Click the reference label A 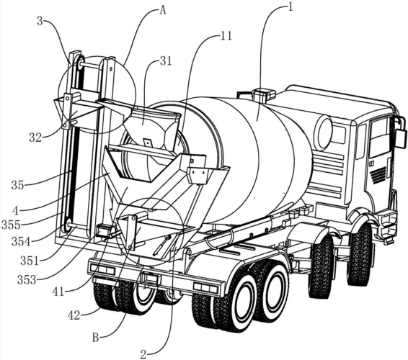pyautogui.click(x=162, y=10)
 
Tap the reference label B pyautogui.click(x=96, y=338)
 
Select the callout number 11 pyautogui.click(x=226, y=36)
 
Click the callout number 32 pyautogui.click(x=35, y=138)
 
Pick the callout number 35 pyautogui.click(x=17, y=186)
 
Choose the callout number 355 pyautogui.click(x=11, y=225)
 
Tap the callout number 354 pyautogui.click(x=21, y=242)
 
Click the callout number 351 pyautogui.click(x=30, y=261)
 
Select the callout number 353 pyautogui.click(x=27, y=280)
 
